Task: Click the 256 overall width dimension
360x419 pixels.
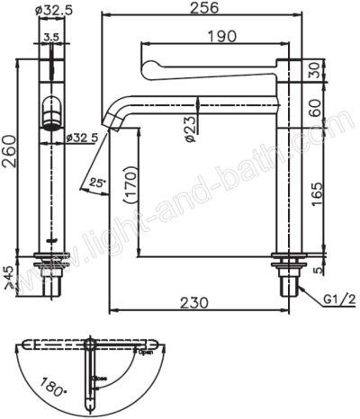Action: coord(204,8)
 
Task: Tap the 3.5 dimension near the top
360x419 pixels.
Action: coord(52,36)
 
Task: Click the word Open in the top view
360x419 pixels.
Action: coord(146,352)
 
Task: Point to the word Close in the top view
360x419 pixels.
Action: coord(101,379)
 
